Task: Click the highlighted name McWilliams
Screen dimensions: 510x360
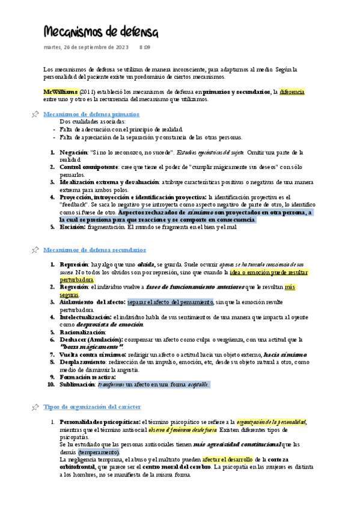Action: coord(60,91)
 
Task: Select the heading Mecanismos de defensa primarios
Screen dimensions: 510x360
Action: coord(91,114)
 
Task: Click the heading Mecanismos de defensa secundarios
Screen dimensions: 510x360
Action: coord(95,249)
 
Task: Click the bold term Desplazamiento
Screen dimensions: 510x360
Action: coord(83,362)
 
